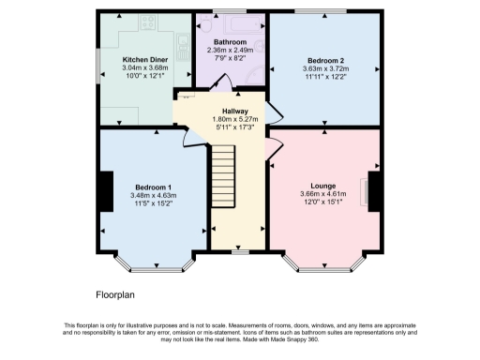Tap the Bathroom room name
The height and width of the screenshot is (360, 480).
coord(230,43)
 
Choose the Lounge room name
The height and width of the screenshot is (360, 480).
coord(323,186)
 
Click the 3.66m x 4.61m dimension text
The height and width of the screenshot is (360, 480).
coord(323,195)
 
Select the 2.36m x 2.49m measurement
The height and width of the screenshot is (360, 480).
coord(230,52)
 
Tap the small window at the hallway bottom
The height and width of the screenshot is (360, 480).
coord(240,251)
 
